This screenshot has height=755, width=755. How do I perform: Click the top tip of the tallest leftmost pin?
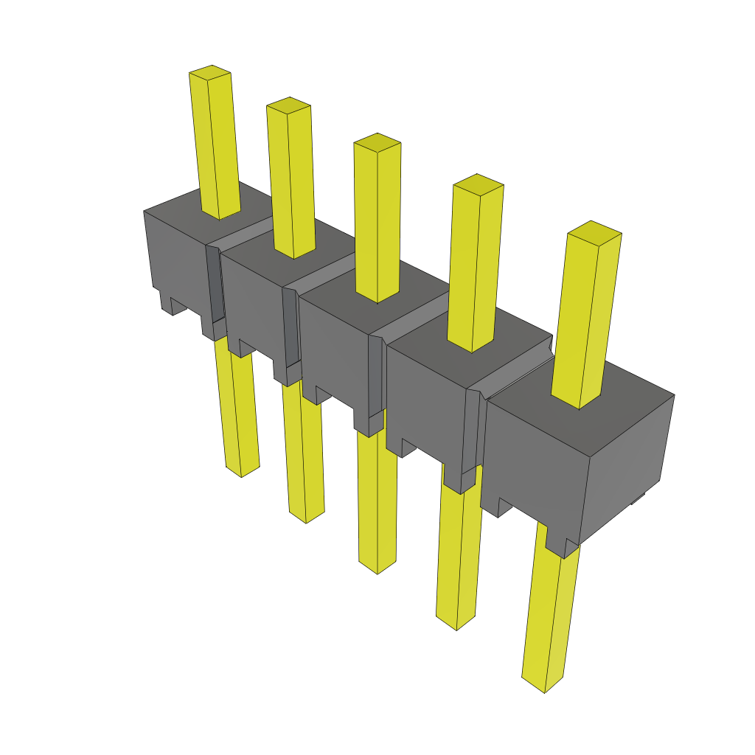click(x=210, y=72)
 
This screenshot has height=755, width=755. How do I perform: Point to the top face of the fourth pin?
click(x=478, y=182)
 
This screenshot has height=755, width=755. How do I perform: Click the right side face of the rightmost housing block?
click(x=627, y=465)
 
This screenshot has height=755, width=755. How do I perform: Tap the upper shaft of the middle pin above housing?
click(x=377, y=221)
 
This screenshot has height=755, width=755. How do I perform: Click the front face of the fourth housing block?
click(x=424, y=398)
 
